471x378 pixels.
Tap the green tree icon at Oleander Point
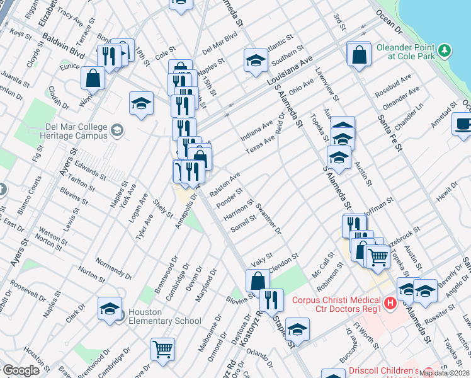tap(445, 49)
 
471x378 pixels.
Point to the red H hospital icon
tap(391, 304)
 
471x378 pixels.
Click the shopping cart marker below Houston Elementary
tap(162, 348)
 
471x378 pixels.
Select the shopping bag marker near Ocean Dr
tap(358, 54)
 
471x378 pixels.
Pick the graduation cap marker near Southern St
tap(255, 60)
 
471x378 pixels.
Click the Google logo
tap(21, 371)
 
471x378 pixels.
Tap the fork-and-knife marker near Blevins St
tap(271, 300)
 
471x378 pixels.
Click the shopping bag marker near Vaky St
tap(257, 280)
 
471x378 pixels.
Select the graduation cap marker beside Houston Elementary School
tap(110, 308)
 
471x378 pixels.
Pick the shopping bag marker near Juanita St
tap(93, 79)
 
